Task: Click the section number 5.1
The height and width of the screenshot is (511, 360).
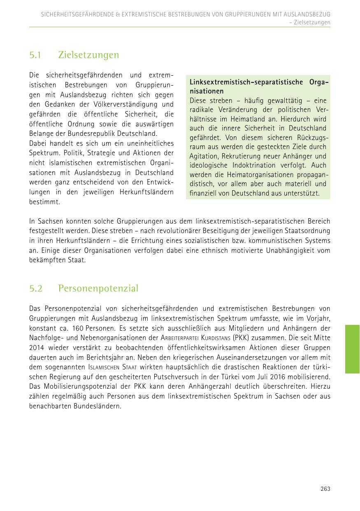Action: pyautogui.click(x=36, y=55)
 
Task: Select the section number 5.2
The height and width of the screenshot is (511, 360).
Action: pyautogui.click(x=36, y=288)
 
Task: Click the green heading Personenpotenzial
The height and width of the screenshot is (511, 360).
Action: pyautogui.click(x=98, y=288)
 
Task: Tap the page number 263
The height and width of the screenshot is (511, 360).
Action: pyautogui.click(x=325, y=489)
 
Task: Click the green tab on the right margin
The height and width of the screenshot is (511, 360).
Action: pyautogui.click(x=352, y=349)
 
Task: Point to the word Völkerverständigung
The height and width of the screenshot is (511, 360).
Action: pyautogui.click(x=128, y=105)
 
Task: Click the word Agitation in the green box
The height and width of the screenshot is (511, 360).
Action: pyautogui.click(x=204, y=156)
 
